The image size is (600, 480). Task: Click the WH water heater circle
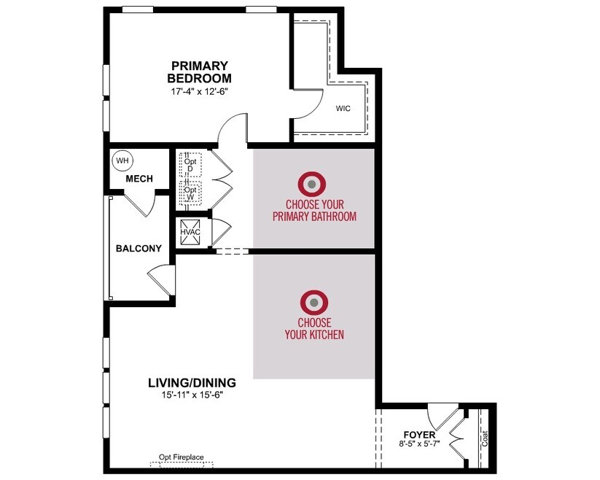coord(122,160)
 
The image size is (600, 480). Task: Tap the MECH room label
coord(139,179)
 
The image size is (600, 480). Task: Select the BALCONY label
coord(139,249)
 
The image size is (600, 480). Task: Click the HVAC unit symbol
coord(190,232)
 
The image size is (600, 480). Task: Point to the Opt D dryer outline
coord(190,165)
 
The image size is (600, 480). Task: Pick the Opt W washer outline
coord(190,193)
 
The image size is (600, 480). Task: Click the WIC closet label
coord(343,108)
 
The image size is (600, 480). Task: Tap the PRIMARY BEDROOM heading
coord(199,72)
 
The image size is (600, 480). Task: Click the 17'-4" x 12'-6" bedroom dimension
coord(199,91)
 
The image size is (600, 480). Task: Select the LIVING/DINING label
coord(192,383)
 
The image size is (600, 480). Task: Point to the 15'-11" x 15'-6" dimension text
coord(192,395)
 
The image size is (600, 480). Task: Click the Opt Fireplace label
coord(182,457)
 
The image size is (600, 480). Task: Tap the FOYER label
coord(419,435)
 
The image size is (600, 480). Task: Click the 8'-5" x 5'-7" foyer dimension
coord(419,444)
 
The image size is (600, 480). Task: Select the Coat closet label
coord(485,439)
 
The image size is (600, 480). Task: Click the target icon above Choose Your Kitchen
coord(314,303)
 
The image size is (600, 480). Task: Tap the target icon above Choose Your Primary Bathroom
coord(312,185)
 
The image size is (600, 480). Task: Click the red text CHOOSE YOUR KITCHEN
coord(314,328)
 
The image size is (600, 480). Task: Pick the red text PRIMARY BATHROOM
coord(314,217)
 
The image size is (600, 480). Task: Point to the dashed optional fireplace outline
coord(182,465)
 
